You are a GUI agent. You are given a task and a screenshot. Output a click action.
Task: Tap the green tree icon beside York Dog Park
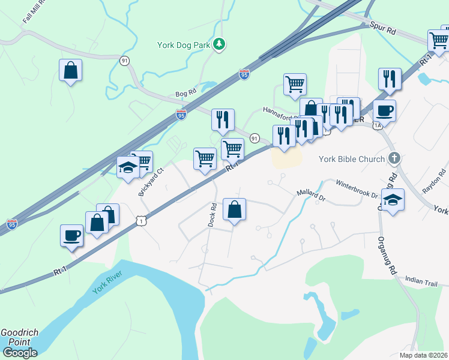220,43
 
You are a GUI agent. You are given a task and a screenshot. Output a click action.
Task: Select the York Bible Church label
351,159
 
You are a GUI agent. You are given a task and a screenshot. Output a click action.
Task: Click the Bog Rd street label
185,94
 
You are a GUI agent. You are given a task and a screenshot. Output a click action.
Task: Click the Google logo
19,353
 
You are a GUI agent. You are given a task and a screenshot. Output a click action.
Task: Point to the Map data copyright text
424,355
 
